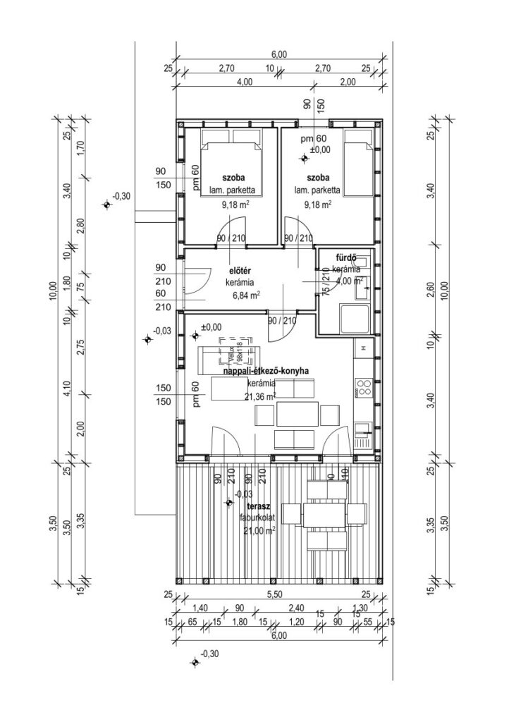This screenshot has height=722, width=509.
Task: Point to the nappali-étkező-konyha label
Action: click(266, 371)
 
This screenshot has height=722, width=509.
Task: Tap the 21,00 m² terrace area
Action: click(258, 531)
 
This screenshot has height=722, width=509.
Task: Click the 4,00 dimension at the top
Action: click(245, 82)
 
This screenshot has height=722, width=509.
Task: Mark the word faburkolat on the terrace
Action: click(258, 518)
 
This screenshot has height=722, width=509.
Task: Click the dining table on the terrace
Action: click(324, 514)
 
